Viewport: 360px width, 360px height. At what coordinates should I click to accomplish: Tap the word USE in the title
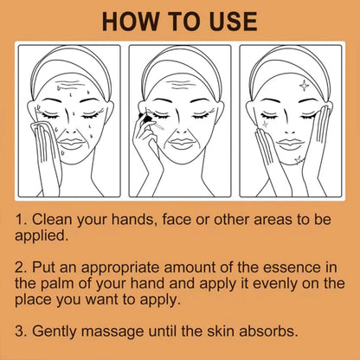pyautogui.click(x=228, y=22)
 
